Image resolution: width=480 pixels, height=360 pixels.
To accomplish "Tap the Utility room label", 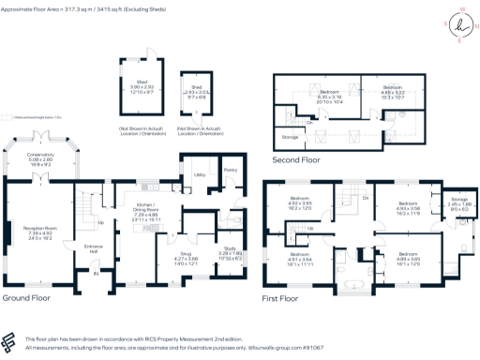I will (x=199, y=174).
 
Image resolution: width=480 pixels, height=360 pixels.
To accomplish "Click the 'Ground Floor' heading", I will (x=26, y=299).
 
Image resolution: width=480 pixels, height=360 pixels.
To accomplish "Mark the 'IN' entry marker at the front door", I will (x=96, y=275).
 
